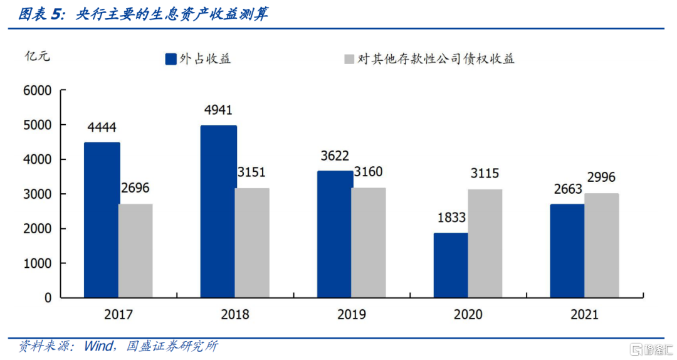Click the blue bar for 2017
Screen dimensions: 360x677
click(102, 220)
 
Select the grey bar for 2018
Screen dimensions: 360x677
click(253, 243)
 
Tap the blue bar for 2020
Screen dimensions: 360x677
click(450, 265)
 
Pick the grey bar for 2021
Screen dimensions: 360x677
click(602, 245)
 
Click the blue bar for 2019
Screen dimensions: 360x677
click(335, 234)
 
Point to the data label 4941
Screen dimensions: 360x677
click(218, 110)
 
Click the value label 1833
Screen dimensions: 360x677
click(451, 218)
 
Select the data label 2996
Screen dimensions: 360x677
click(602, 178)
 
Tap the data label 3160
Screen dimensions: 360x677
click(369, 172)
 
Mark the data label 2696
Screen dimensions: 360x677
click(135, 188)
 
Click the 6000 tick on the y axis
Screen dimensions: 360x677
click(38, 91)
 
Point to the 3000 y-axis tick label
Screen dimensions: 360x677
click(38, 194)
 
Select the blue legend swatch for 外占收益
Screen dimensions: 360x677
click(171, 59)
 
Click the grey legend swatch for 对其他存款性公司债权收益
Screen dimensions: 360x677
click(349, 59)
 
